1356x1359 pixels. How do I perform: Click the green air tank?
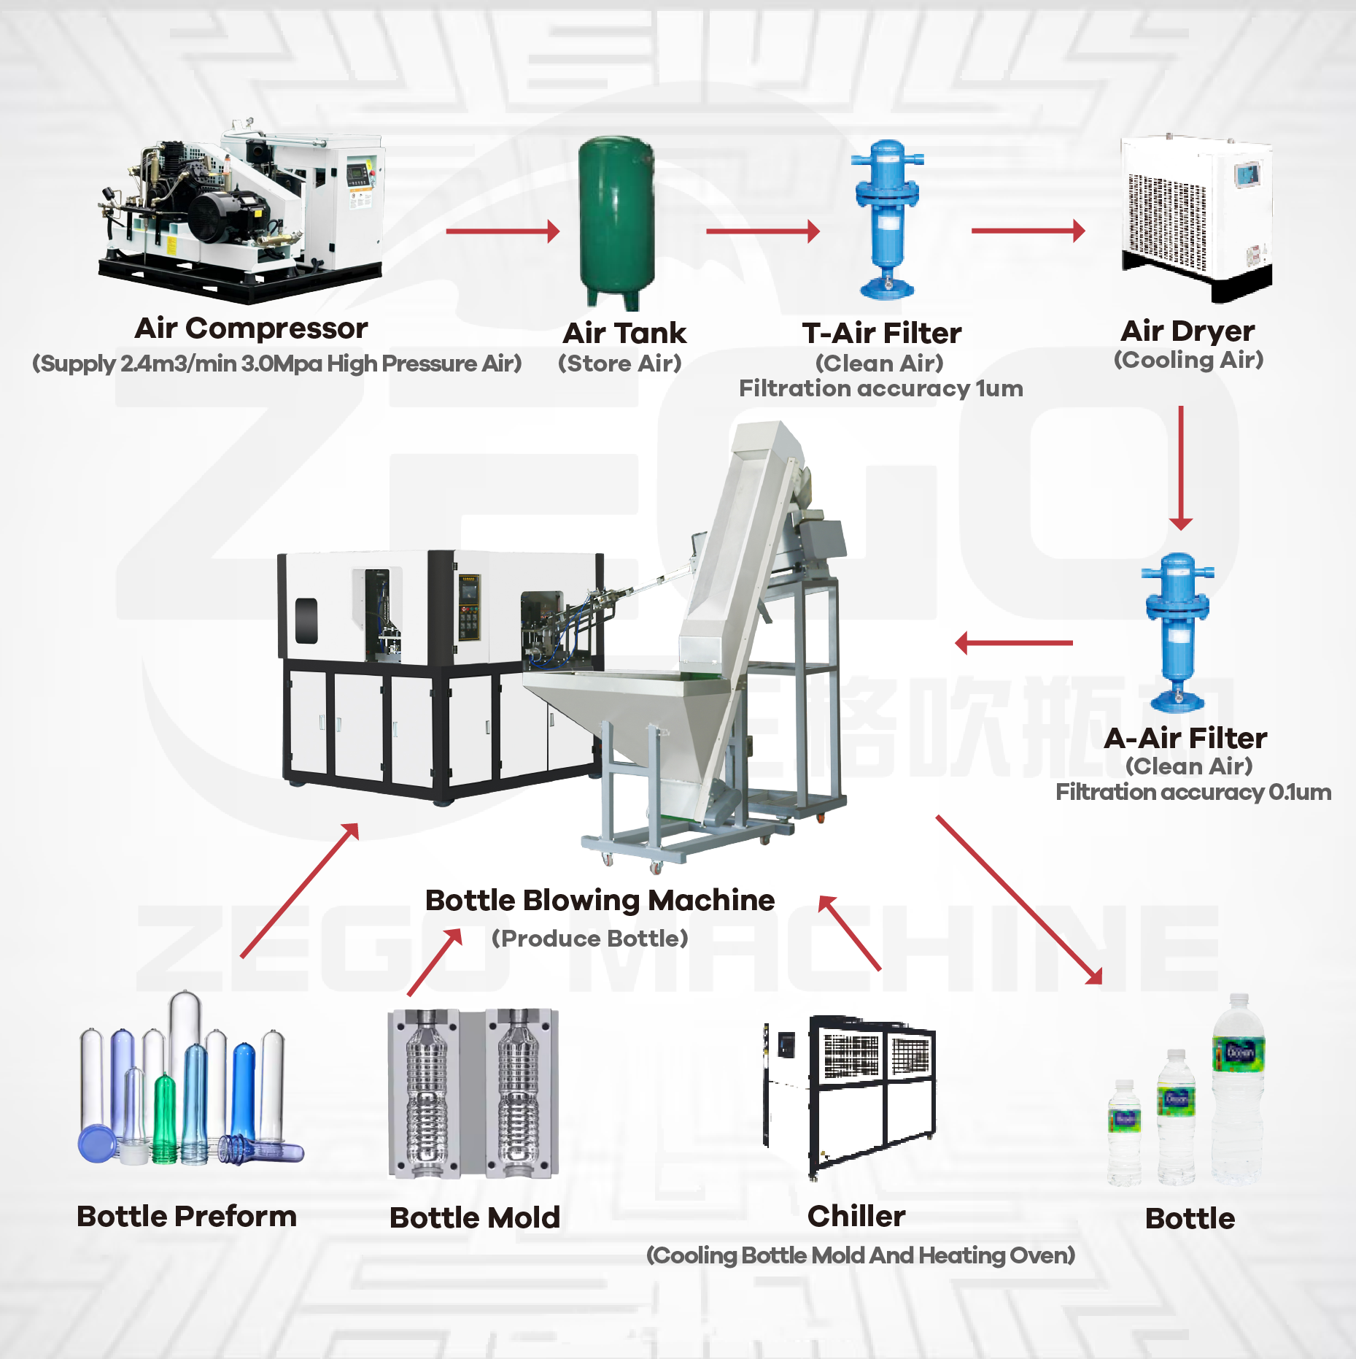(616, 219)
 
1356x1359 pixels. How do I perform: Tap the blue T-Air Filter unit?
(887, 219)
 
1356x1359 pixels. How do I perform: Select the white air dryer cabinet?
(1196, 215)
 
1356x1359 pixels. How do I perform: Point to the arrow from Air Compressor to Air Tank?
(503, 231)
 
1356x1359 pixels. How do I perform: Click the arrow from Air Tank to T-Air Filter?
(763, 231)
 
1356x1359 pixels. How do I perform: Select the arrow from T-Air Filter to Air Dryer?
(1028, 231)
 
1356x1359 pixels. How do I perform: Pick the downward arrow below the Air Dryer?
(1181, 467)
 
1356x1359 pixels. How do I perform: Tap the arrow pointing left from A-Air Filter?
(1014, 643)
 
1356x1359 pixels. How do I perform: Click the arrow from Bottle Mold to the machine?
(435, 962)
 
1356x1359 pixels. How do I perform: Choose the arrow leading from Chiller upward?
(850, 933)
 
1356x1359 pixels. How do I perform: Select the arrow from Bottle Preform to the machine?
(300, 890)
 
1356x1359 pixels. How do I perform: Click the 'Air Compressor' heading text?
(251, 328)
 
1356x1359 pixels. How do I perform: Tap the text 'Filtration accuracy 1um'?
(880, 388)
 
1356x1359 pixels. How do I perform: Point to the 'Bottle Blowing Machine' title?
(600, 900)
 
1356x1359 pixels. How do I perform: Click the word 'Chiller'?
(856, 1217)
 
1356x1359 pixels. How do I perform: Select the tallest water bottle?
(1238, 1087)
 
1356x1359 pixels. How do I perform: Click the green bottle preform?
(166, 1117)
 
